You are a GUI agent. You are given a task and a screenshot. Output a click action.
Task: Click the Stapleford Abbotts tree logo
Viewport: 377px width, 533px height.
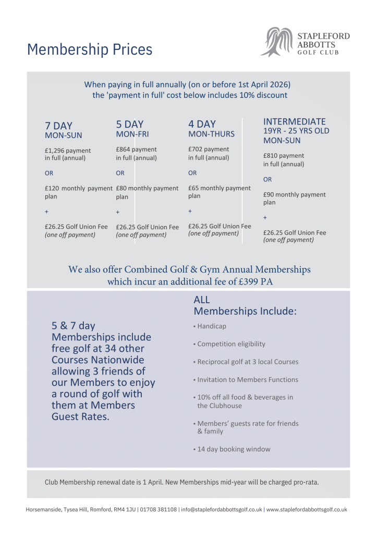pos(276,42)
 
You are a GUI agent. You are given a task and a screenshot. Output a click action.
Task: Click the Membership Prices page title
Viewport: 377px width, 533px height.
pos(90,49)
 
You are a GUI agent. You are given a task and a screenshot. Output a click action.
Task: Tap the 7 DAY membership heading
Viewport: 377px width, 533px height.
pos(59,126)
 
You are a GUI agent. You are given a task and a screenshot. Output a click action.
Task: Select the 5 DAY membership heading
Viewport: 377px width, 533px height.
pos(129,124)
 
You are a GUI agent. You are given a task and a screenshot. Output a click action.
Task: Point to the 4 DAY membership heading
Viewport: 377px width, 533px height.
pos(202,124)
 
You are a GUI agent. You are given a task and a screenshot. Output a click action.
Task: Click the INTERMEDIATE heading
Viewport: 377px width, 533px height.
pos(295,121)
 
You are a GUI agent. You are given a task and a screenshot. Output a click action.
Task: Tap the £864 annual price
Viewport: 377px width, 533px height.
pos(124,150)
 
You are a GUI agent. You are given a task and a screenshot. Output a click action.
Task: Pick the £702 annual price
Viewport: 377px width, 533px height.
pos(196,150)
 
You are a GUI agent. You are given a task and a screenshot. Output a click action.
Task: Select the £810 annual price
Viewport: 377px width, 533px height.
pos(271,156)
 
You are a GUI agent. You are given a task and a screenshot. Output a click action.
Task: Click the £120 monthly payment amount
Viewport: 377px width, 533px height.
pos(53,189)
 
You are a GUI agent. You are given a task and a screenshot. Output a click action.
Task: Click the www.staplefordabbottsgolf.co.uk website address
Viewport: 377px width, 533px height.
pos(307,510)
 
